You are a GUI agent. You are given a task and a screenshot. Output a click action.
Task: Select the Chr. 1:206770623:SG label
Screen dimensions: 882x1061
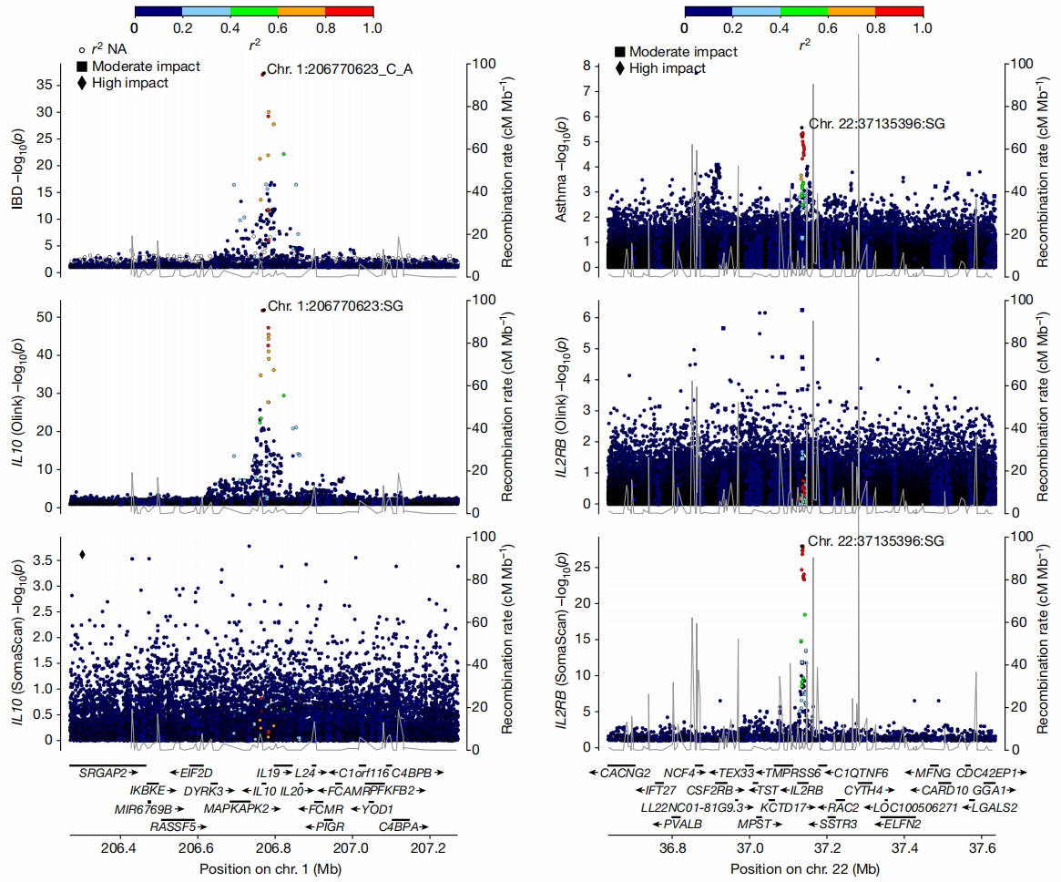coord(334,306)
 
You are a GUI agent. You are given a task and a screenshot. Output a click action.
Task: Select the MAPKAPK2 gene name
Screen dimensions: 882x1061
coord(236,808)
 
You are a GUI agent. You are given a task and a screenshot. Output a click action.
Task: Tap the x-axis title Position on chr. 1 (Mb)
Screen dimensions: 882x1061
coord(265,869)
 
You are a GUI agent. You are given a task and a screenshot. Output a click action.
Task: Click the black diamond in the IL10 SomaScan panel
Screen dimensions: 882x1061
coord(83,555)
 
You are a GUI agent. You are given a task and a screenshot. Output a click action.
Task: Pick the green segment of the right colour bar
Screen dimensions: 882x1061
coord(803,11)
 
